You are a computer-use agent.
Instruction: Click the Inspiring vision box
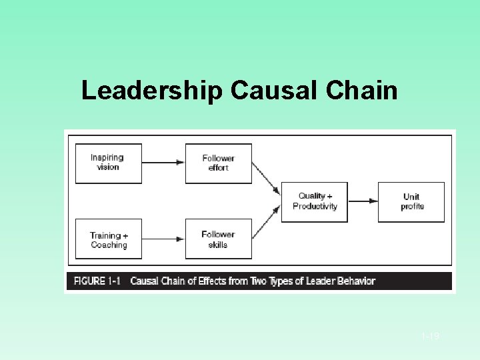(108, 163)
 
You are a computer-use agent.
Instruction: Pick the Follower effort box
(218, 163)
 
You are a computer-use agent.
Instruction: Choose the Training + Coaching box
(108, 239)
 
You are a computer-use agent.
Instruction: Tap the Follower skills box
(218, 239)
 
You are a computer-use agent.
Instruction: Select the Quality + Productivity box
(315, 201)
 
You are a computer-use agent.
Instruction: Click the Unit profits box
(412, 201)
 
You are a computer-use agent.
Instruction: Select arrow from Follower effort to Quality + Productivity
(266, 178)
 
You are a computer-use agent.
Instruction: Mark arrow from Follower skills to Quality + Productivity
(266, 222)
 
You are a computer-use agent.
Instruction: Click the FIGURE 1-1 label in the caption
(97, 281)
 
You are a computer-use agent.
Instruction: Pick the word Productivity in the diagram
(315, 206)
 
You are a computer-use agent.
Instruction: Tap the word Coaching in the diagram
(109, 245)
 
